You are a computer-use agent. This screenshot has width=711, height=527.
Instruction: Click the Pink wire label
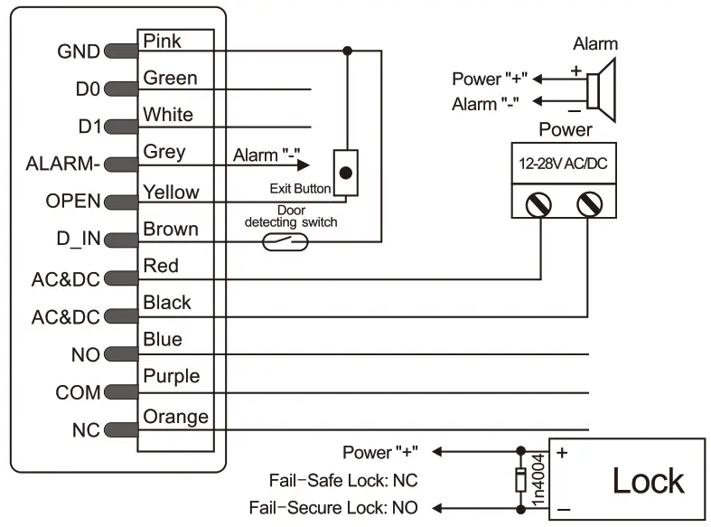click(x=163, y=41)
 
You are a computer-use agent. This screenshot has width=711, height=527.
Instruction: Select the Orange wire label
click(x=175, y=417)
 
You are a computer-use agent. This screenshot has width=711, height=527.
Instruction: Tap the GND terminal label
click(x=78, y=52)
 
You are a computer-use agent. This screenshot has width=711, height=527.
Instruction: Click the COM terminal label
click(x=78, y=393)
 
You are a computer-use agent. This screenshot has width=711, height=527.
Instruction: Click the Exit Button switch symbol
click(x=345, y=172)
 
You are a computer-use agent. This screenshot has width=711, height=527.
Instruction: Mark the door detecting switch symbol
click(x=285, y=241)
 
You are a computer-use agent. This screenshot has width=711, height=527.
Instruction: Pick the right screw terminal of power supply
click(x=589, y=203)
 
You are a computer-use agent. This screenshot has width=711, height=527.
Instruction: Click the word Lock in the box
click(x=648, y=481)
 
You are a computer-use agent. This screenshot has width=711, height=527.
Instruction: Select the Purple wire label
click(x=172, y=376)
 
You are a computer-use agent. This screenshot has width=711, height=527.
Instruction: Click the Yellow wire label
click(x=171, y=192)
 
